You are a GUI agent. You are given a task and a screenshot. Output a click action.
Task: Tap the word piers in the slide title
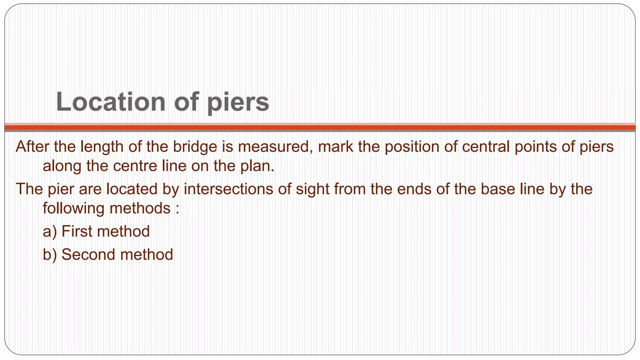point(238,102)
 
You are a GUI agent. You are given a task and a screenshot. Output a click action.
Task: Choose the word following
point(73,208)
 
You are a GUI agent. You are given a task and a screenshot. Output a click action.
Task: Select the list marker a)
point(50,232)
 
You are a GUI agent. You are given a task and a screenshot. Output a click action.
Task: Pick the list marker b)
point(50,255)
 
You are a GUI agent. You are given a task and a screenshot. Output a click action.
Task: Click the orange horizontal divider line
point(320,127)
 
